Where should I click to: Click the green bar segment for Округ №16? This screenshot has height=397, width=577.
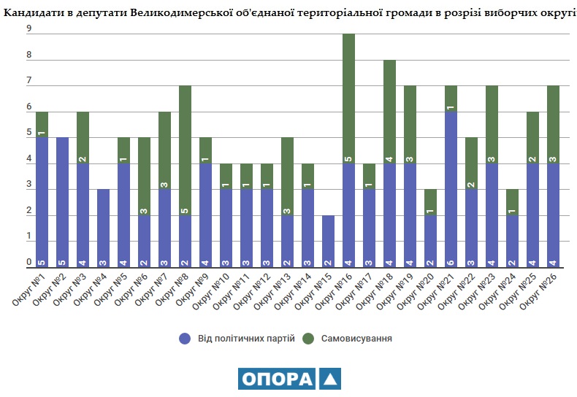[x=349, y=99]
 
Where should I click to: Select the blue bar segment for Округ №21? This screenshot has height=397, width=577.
[x=451, y=190]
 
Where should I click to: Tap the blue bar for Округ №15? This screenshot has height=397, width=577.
[x=329, y=242]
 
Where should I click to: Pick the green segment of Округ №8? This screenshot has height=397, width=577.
[x=186, y=150]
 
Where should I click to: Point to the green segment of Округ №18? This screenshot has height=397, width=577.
[x=390, y=111]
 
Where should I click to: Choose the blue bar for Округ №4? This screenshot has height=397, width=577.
[x=104, y=228]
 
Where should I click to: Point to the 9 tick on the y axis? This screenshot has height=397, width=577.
[x=28, y=28]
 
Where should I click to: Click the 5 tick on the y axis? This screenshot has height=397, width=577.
[x=28, y=133]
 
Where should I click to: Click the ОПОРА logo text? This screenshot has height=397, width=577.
[x=276, y=379]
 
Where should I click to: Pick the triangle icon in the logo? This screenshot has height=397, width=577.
[x=329, y=379]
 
